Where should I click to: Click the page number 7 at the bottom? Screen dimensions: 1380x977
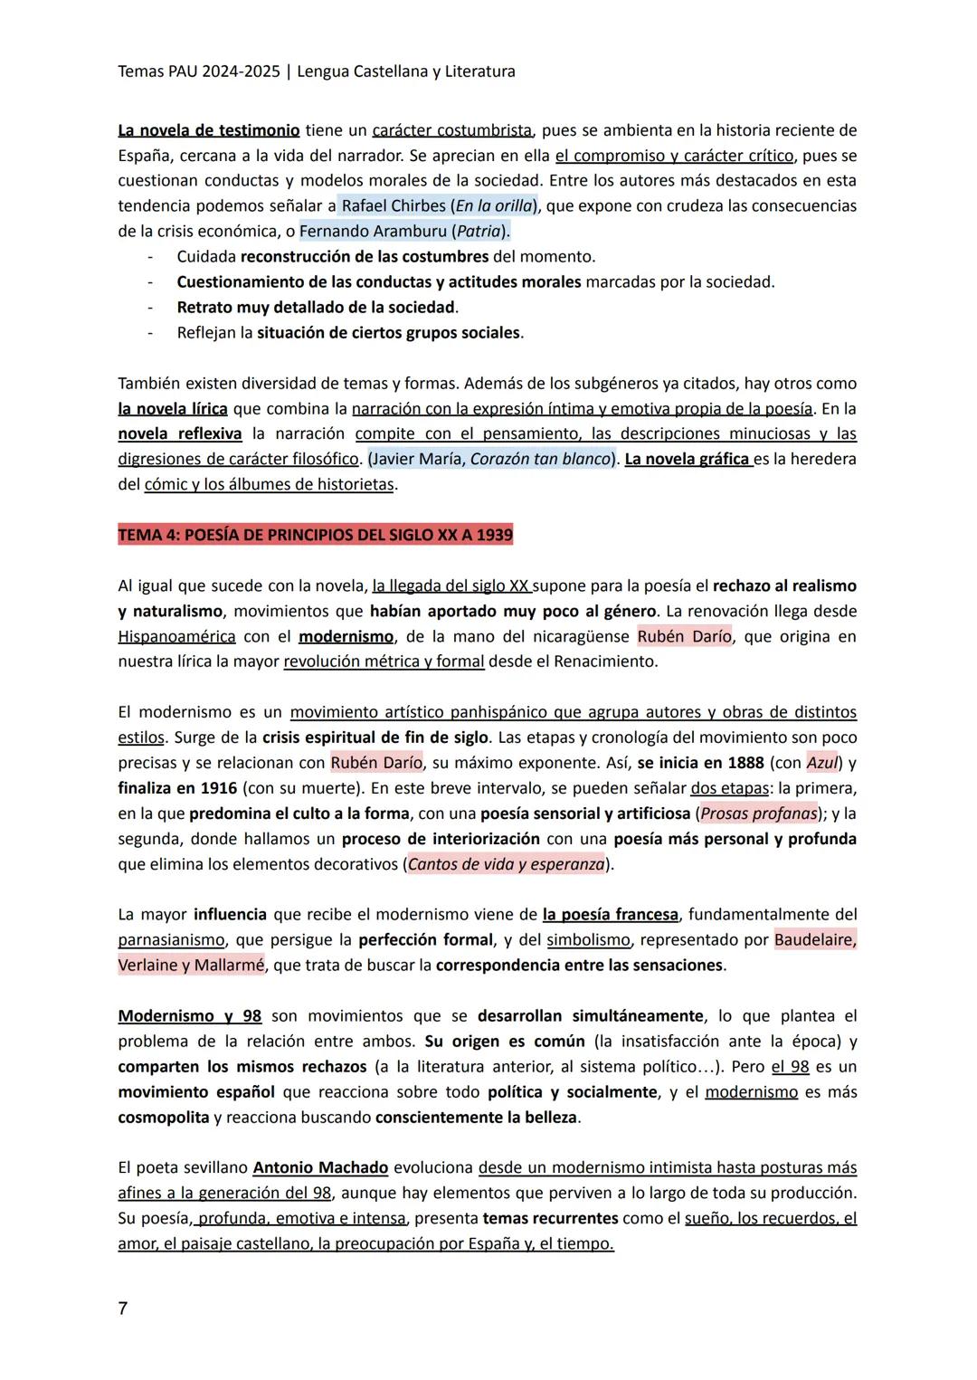tap(123, 1308)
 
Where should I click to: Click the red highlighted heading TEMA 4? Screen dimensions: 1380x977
tap(315, 535)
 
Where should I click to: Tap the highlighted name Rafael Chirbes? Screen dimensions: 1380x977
tap(394, 205)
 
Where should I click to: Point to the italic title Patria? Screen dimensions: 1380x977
tap(479, 231)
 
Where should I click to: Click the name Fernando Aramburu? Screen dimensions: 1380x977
tap(372, 231)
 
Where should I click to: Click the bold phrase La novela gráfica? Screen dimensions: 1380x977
tap(688, 459)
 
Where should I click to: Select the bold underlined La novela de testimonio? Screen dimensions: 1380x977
tap(209, 130)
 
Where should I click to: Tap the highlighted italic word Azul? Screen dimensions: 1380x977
tap(821, 763)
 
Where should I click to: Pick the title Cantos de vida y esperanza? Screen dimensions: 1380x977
tap(506, 864)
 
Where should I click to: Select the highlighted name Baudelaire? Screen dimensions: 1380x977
tap(814, 939)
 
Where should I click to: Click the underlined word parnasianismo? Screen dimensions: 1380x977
tap(171, 939)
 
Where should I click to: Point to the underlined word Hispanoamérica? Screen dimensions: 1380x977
tap(176, 636)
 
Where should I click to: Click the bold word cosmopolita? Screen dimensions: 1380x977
tap(164, 1117)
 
